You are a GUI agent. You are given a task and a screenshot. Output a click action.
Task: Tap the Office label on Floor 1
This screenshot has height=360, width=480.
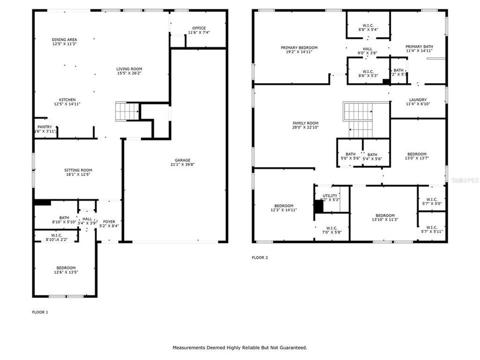[199, 28]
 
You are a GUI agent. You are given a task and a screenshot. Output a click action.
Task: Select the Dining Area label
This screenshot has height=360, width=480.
[64, 39]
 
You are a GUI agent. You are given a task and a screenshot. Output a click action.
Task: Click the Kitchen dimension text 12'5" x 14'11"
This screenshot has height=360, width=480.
[67, 104]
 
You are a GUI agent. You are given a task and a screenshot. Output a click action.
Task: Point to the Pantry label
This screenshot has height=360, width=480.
[44, 127]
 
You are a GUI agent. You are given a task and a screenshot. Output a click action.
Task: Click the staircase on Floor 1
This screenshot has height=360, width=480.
[126, 111]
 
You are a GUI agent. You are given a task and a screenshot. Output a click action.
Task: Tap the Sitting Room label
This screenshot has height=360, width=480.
[78, 170]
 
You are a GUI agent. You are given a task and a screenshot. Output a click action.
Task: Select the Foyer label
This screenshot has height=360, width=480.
[109, 221]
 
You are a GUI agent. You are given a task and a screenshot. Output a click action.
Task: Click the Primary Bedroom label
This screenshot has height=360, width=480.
[299, 47]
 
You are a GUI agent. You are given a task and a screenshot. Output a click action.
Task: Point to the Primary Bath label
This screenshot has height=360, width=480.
[419, 46]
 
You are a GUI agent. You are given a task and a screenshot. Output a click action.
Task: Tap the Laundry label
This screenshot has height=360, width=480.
[418, 99]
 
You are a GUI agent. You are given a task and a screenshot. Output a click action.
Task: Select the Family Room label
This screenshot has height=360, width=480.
[305, 123]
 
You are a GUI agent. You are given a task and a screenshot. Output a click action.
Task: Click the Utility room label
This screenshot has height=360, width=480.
[330, 195]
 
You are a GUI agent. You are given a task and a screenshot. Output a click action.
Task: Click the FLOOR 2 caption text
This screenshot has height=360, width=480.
[259, 258]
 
